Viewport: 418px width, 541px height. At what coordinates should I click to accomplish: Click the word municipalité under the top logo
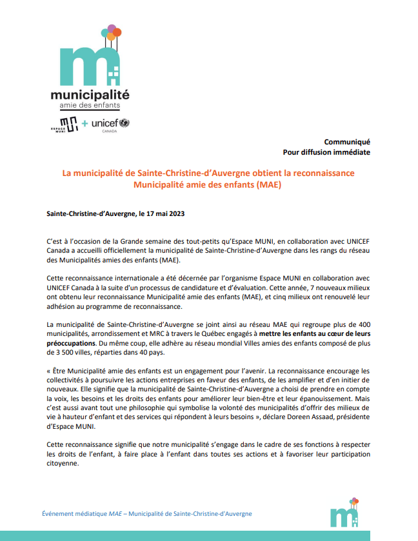90,93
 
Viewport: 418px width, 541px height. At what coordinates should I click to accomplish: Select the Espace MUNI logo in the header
65,123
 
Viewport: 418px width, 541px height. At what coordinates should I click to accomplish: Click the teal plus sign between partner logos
85,123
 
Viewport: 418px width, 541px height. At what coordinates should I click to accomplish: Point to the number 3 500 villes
66,353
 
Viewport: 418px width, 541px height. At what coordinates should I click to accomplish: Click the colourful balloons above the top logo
112,30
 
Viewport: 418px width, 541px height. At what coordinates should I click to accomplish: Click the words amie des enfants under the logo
90,105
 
